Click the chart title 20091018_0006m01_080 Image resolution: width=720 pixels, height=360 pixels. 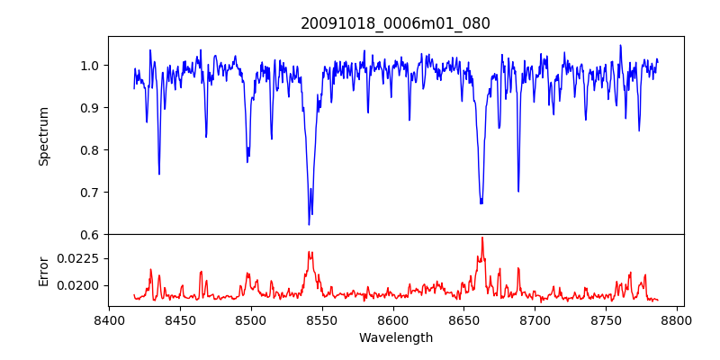pyautogui.click(x=395, y=23)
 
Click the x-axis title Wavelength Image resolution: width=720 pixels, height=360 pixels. pyautogui.click(x=395, y=338)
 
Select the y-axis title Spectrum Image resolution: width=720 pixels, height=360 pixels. pyautogui.click(x=43, y=136)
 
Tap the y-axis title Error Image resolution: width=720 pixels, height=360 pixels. pyautogui.click(x=43, y=271)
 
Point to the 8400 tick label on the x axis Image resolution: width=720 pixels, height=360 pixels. pyautogui.click(x=109, y=319)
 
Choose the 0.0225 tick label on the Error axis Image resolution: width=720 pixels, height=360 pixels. pyautogui.click(x=81, y=258)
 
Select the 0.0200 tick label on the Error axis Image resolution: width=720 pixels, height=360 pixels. pyautogui.click(x=81, y=286)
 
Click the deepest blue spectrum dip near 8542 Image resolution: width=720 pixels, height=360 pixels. pyautogui.click(x=309, y=224)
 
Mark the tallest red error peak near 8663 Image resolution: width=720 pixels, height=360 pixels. pyautogui.click(x=482, y=238)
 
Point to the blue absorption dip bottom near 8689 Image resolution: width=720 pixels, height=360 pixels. pyautogui.click(x=518, y=191)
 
